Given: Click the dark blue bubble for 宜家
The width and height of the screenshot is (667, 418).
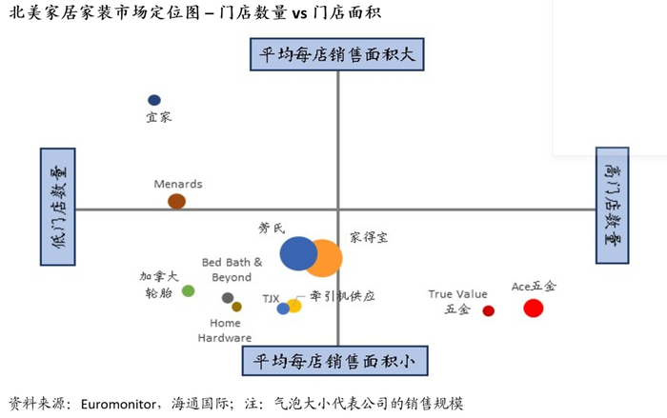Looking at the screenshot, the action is (154, 100).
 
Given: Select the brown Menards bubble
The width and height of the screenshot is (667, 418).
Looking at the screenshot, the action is (176, 201).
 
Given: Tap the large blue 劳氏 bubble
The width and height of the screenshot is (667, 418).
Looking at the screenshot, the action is (298, 253).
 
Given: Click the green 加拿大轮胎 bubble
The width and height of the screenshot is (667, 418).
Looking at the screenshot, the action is (188, 290).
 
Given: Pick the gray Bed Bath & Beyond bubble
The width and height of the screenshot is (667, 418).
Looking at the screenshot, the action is (228, 298).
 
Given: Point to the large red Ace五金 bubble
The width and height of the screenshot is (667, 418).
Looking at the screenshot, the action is (534, 308).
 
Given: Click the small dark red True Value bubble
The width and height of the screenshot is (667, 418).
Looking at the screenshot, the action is (489, 310).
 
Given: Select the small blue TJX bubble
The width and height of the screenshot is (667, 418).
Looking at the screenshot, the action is (283, 309).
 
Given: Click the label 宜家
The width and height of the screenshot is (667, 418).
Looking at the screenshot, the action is (157, 117).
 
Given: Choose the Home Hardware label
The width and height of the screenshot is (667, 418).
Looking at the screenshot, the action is (225, 330).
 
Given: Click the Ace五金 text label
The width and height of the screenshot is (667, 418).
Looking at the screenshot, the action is (534, 286).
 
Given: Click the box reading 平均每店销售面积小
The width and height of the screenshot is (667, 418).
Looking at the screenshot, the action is (336, 361).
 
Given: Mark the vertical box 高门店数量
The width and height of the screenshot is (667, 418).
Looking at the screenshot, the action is (612, 206).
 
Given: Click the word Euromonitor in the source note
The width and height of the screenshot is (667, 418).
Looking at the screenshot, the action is (119, 403).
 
